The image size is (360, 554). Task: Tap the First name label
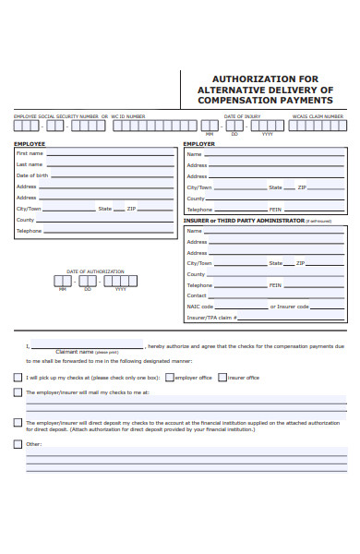[x=30, y=153]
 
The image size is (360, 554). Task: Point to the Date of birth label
[x=32, y=175]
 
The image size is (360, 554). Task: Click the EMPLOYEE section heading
[x=30, y=144]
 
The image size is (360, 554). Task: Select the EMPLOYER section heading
[x=198, y=144]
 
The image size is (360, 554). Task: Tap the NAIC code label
[x=200, y=306]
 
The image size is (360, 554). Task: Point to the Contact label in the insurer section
[x=197, y=295]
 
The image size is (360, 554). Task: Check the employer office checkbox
[x=170, y=377]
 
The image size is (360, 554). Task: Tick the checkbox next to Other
[x=18, y=444]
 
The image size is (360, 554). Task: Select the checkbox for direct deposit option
[x=18, y=422]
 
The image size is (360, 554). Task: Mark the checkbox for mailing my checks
[x=18, y=392]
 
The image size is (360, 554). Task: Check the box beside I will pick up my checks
[x=18, y=377]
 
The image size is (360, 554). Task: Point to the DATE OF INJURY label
[x=242, y=116]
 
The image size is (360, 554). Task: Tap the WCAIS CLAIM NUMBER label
[x=318, y=116]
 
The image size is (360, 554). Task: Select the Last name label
[x=30, y=164]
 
